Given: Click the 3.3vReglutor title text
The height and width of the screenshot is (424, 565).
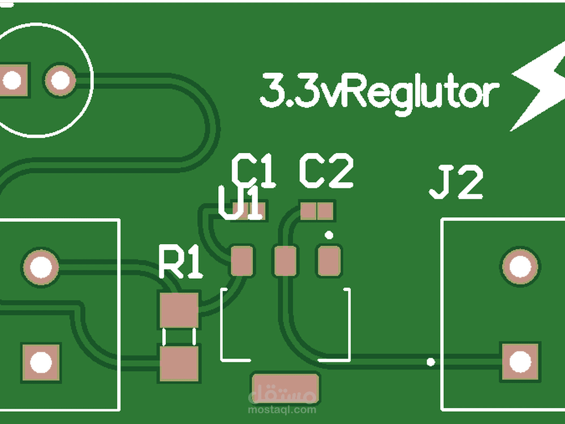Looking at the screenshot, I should (x=379, y=92).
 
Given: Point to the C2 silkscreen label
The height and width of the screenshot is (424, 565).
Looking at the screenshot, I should (x=326, y=171).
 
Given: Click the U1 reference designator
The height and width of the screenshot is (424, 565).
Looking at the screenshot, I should (x=240, y=205).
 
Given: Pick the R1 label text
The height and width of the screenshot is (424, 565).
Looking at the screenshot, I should (x=180, y=262).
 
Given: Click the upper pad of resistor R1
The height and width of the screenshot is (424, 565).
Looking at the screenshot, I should (x=179, y=310).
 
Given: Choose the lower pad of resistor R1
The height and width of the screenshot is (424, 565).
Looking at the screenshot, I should (x=179, y=364).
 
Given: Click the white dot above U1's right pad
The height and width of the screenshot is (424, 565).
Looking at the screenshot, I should (x=329, y=234).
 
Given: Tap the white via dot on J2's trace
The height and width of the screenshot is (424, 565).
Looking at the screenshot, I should (x=431, y=362).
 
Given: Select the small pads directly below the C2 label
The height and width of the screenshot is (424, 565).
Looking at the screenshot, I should (x=317, y=211).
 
